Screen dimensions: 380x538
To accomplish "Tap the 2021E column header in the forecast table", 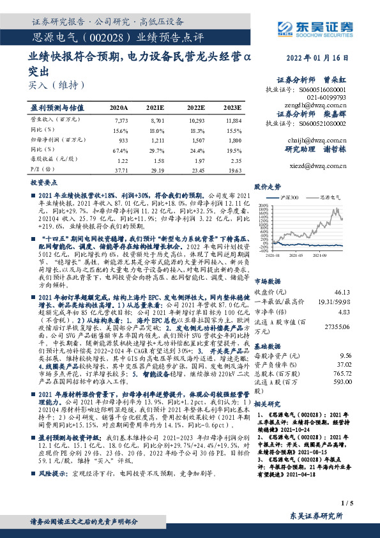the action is (155, 109).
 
